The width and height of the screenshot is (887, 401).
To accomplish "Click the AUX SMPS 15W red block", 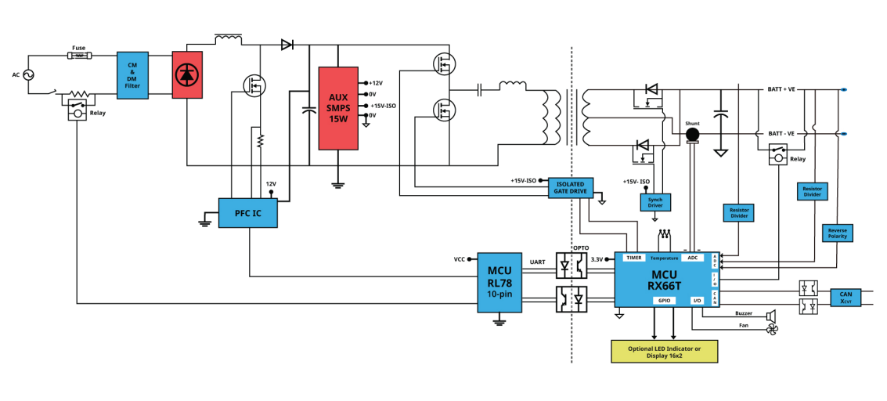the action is point(338,109).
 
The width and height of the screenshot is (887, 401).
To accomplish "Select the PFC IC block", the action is point(247,213).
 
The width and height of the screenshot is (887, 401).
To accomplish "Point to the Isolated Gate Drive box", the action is point(571,188).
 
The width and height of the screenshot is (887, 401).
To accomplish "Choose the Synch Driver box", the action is point(655,202).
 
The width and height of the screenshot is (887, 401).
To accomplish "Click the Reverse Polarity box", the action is point(837,233).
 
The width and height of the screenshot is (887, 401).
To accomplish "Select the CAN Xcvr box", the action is point(846,298).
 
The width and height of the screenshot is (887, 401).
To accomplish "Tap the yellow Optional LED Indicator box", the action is point(665,351).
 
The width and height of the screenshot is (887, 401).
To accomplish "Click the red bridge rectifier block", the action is point(187,74).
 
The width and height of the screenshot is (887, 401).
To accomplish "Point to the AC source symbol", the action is point(27,74).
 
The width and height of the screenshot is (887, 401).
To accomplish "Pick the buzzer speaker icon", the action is point(770,315).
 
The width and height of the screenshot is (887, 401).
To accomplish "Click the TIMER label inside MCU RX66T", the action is point(634,258).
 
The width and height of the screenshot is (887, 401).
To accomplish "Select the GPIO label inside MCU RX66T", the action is point(664,300).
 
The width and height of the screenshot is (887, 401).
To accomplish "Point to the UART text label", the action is point(537,262).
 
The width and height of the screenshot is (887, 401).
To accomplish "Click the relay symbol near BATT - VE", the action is point(778,155).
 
